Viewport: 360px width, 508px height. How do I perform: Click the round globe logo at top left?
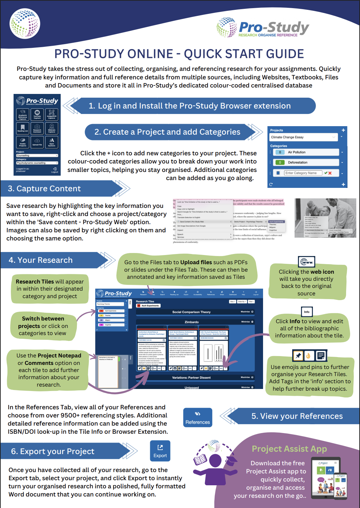click(25, 23)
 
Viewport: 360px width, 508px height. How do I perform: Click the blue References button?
click(198, 417)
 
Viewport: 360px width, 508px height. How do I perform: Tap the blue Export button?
click(160, 451)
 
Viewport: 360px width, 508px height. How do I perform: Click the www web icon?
click(307, 262)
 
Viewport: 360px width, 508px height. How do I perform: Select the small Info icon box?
click(306, 312)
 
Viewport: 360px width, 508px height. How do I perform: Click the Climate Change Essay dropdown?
click(303, 137)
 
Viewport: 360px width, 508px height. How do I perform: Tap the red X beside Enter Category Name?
click(330, 173)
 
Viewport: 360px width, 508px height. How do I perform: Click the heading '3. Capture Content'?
click(44, 189)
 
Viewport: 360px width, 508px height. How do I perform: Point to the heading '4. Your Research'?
click(41, 260)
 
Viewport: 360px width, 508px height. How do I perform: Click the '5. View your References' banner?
click(297, 416)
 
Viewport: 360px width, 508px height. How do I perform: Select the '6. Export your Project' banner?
click(53, 451)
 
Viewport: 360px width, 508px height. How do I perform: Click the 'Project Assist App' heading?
click(289, 449)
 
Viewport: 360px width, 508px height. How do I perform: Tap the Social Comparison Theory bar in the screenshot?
click(192, 312)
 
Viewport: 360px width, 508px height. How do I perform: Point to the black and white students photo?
click(325, 218)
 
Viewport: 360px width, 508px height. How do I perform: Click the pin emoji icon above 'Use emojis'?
click(298, 356)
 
